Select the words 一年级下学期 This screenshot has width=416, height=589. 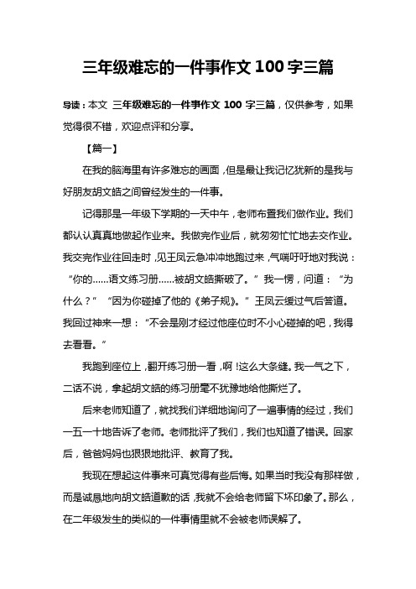pyautogui.click(x=150, y=212)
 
